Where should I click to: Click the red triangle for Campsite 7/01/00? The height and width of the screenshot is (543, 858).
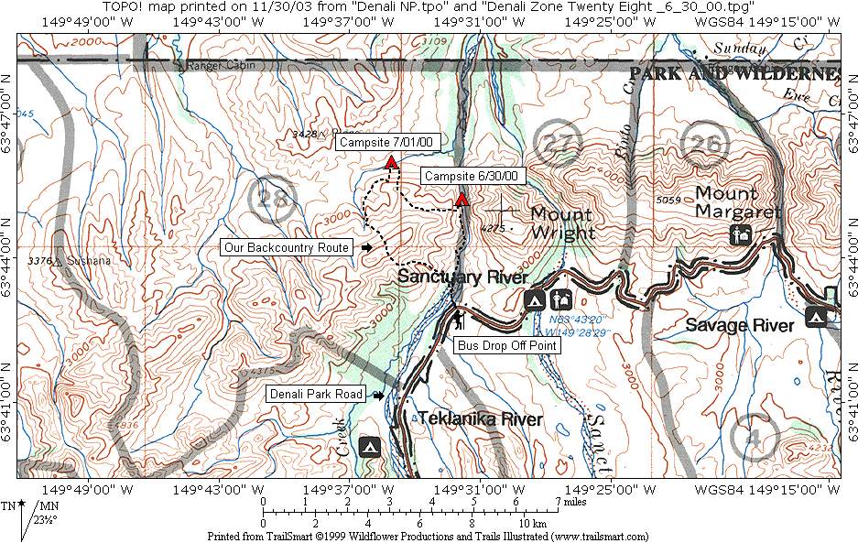pos(391,162)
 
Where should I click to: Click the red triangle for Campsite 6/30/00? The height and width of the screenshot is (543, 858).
pos(462,199)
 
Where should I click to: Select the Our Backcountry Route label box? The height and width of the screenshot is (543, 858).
pos(288,247)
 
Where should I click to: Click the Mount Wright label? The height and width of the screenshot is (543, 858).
pos(561,223)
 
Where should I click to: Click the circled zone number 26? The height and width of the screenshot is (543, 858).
pos(701,143)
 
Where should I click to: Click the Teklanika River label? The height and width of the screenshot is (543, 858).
pos(481,419)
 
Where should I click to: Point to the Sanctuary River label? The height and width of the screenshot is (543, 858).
pos(462,277)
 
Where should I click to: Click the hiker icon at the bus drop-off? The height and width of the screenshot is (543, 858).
pos(459,321)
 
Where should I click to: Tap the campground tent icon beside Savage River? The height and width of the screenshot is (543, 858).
pos(816,317)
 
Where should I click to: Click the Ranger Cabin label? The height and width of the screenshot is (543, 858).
pos(212,66)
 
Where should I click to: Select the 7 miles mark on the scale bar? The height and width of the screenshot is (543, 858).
pos(557,502)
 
